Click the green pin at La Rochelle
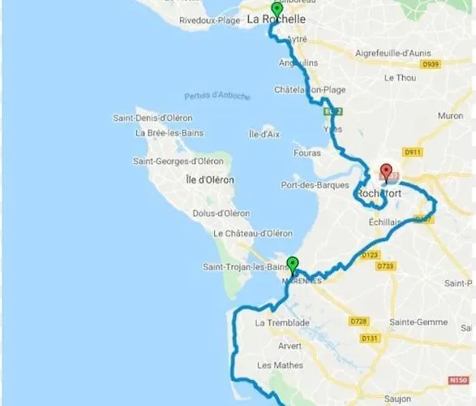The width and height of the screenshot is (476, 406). (277, 11)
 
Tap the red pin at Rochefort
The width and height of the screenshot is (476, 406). (386, 172)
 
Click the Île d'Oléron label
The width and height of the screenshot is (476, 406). (209, 179)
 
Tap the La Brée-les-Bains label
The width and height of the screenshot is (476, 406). (169, 133)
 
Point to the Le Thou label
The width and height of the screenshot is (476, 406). (400, 77)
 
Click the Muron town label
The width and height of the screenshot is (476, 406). (450, 116)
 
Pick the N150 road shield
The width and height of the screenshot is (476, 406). (458, 380)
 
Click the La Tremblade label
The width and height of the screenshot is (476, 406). (277, 323)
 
